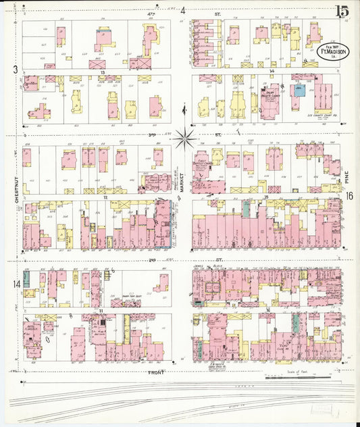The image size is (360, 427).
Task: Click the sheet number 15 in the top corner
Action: click(x=341, y=11)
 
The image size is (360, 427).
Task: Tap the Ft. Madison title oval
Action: click(x=329, y=52)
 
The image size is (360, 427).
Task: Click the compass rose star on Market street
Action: click(x=184, y=139)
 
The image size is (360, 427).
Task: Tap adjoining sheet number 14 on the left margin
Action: click(x=16, y=283)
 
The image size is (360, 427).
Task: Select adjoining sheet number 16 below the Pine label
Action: click(x=349, y=196)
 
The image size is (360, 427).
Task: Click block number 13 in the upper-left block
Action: click(x=103, y=71)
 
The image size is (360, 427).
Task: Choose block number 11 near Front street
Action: click(x=100, y=310)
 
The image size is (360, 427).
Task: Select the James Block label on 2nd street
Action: click(x=200, y=266)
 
